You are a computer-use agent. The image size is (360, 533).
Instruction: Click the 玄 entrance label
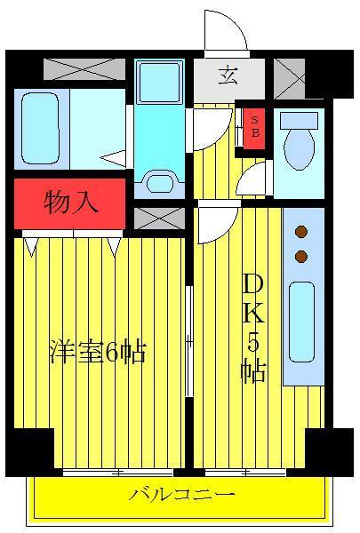228,76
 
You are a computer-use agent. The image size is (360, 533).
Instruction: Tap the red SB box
254,129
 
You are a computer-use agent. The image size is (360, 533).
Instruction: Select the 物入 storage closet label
71,203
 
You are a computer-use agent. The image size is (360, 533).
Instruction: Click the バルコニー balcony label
181,495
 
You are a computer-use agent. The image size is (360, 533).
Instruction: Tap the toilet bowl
299,148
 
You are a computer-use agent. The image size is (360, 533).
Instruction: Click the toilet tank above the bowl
299,120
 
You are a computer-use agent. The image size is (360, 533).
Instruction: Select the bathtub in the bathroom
40,129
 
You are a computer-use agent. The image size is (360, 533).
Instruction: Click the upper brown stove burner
301,232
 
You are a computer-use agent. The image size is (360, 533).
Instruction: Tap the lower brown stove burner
301,257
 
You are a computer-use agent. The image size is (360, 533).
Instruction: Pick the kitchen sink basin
301,322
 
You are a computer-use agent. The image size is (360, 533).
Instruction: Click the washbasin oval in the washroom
160,184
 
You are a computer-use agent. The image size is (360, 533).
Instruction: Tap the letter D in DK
253,285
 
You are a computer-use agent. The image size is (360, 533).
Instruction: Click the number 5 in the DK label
253,342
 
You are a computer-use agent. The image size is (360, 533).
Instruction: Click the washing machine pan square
160,83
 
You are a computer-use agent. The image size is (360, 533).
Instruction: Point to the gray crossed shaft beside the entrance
289,78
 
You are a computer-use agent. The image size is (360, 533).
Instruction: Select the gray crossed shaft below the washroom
159,219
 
